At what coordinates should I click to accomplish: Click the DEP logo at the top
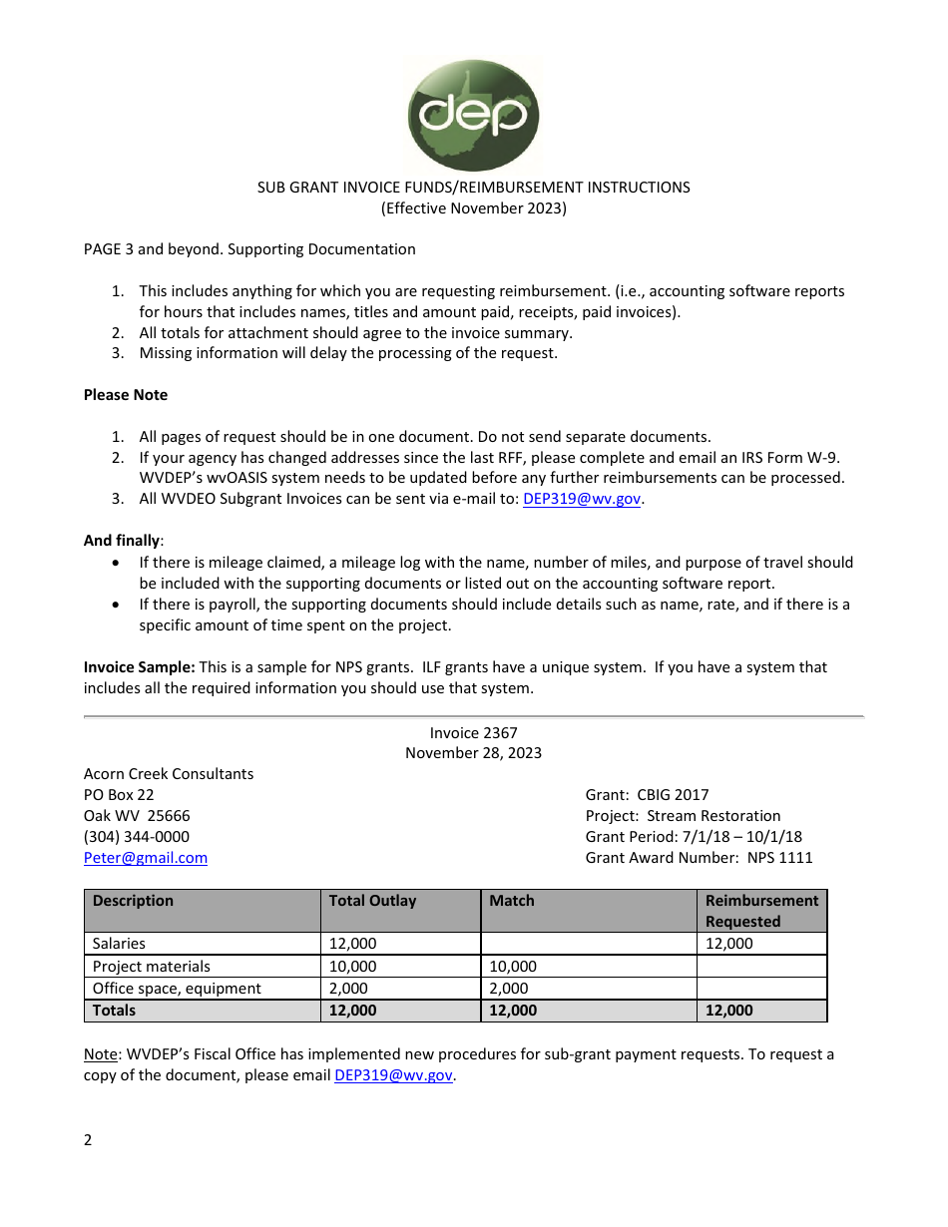coord(473,115)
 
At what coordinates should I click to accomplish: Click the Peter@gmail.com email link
coord(146,858)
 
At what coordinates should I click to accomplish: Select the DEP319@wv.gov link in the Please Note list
coord(582,499)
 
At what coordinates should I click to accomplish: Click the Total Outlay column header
coord(372,901)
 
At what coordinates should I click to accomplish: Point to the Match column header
coord(512,901)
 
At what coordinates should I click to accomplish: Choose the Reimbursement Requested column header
coord(761,911)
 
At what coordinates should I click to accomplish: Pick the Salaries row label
coord(119,944)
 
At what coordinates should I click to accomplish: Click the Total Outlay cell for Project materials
coord(353,967)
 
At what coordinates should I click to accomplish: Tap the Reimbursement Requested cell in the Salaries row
coord(729,944)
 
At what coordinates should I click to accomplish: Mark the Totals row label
coord(114,1011)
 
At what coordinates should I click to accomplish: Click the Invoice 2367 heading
coord(473,733)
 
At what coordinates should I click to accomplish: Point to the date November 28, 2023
coord(473,753)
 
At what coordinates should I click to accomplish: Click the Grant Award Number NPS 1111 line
coord(699,858)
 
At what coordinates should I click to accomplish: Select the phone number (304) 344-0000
coord(137,837)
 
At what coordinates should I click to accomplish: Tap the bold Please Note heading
coord(126,395)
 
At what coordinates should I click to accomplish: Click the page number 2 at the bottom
coord(88,1140)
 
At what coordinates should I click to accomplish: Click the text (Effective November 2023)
coord(473,208)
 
